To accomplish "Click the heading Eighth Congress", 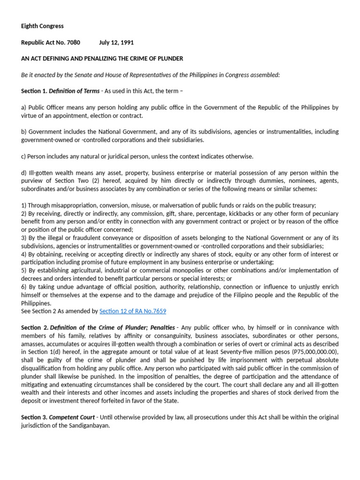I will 42,26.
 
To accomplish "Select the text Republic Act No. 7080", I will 51,43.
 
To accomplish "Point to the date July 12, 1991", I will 116,43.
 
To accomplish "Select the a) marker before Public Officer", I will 24,107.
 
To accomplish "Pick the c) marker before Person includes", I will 24,157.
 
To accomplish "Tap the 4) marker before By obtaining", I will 24,254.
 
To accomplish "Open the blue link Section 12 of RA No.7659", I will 133,311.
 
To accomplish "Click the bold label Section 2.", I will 34,327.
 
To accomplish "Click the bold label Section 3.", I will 34,417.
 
